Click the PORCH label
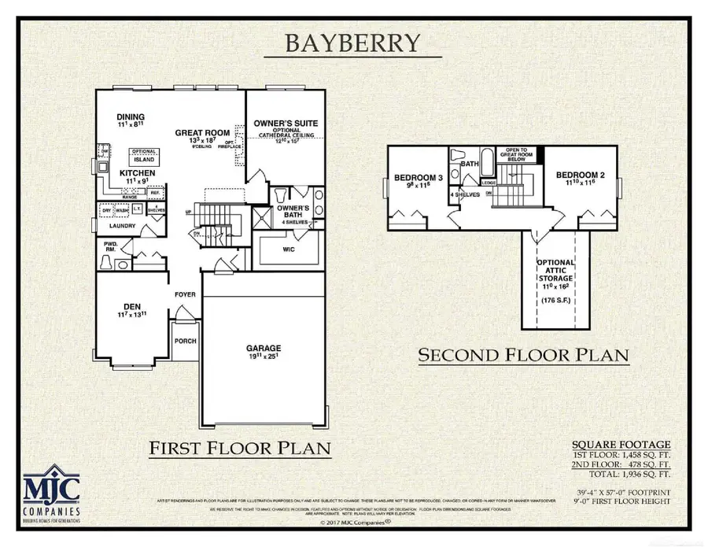pyautogui.click(x=186, y=341)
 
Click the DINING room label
pyautogui.click(x=131, y=117)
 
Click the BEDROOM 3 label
pyautogui.click(x=412, y=177)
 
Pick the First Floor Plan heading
pyautogui.click(x=239, y=449)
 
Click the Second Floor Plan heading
pyautogui.click(x=523, y=355)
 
